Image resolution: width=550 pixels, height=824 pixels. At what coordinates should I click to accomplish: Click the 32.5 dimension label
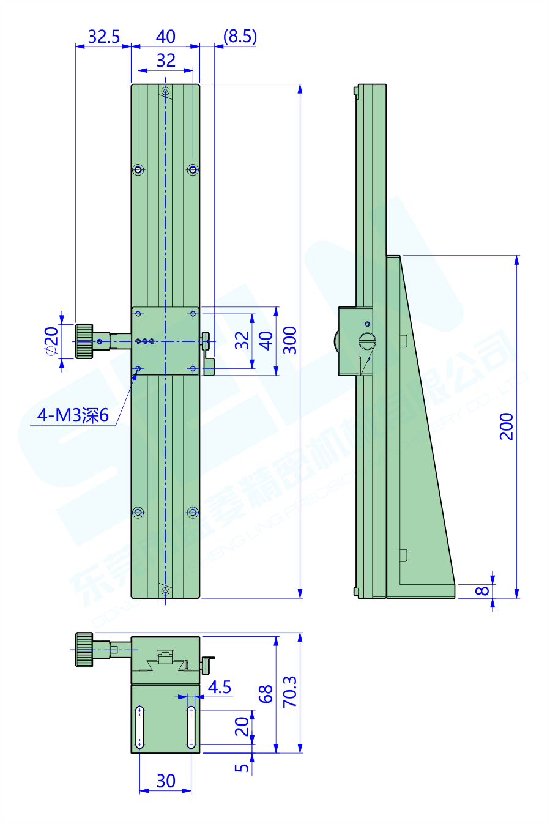coord(103,37)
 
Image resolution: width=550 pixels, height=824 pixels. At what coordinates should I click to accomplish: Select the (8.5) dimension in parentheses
coord(239,37)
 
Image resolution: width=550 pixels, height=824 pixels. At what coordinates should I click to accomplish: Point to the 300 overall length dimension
coord(290,341)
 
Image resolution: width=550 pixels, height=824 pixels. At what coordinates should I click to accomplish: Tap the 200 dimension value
coord(507,426)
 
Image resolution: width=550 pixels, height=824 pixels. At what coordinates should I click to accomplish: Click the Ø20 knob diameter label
coord(51,341)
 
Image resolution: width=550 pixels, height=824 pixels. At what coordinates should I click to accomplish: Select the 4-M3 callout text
coord(72,415)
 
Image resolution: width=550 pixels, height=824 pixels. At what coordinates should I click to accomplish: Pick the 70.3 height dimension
coord(290,692)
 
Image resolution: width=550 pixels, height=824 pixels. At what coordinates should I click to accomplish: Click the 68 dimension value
coord(266,694)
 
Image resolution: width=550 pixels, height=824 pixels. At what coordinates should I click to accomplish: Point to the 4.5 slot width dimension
coord(219,687)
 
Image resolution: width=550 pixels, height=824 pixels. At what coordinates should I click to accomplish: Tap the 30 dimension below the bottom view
coord(166,781)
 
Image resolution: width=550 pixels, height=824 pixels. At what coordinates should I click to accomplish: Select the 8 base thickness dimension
coord(483,591)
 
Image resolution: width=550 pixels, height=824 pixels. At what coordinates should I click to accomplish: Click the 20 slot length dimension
coord(242,726)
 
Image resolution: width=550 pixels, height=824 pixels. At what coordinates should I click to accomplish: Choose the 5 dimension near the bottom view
coord(242,767)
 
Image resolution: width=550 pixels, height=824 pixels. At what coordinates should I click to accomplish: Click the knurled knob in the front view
coord(84,341)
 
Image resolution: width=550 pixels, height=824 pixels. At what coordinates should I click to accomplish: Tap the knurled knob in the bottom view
coord(84,649)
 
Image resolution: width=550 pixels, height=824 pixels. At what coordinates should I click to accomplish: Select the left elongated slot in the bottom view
coord(140,727)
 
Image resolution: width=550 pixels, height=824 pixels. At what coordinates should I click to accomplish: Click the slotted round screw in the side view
coord(367,341)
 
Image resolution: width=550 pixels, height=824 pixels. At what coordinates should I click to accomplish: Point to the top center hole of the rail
coord(165,91)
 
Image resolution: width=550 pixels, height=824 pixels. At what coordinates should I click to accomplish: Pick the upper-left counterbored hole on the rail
coord(139,169)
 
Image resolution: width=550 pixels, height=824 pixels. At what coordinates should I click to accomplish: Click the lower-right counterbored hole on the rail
coord(193,512)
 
